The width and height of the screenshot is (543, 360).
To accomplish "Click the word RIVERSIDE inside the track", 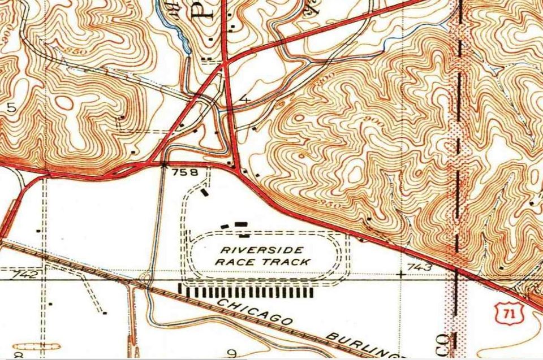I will click(262, 250).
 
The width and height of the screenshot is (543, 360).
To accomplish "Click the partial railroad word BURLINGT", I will click(368, 345).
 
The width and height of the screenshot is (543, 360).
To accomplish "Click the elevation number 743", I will click(419, 267).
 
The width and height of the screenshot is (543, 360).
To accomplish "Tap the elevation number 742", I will click(27, 274).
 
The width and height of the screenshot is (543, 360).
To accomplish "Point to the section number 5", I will click(11, 107).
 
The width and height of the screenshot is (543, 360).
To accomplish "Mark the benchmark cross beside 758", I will click(164, 165).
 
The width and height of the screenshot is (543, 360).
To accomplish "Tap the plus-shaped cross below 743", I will click(402, 275).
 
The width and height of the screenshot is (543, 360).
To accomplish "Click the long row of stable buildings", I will click(246, 291).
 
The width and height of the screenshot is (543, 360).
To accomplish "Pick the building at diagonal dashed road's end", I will click(105, 312).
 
